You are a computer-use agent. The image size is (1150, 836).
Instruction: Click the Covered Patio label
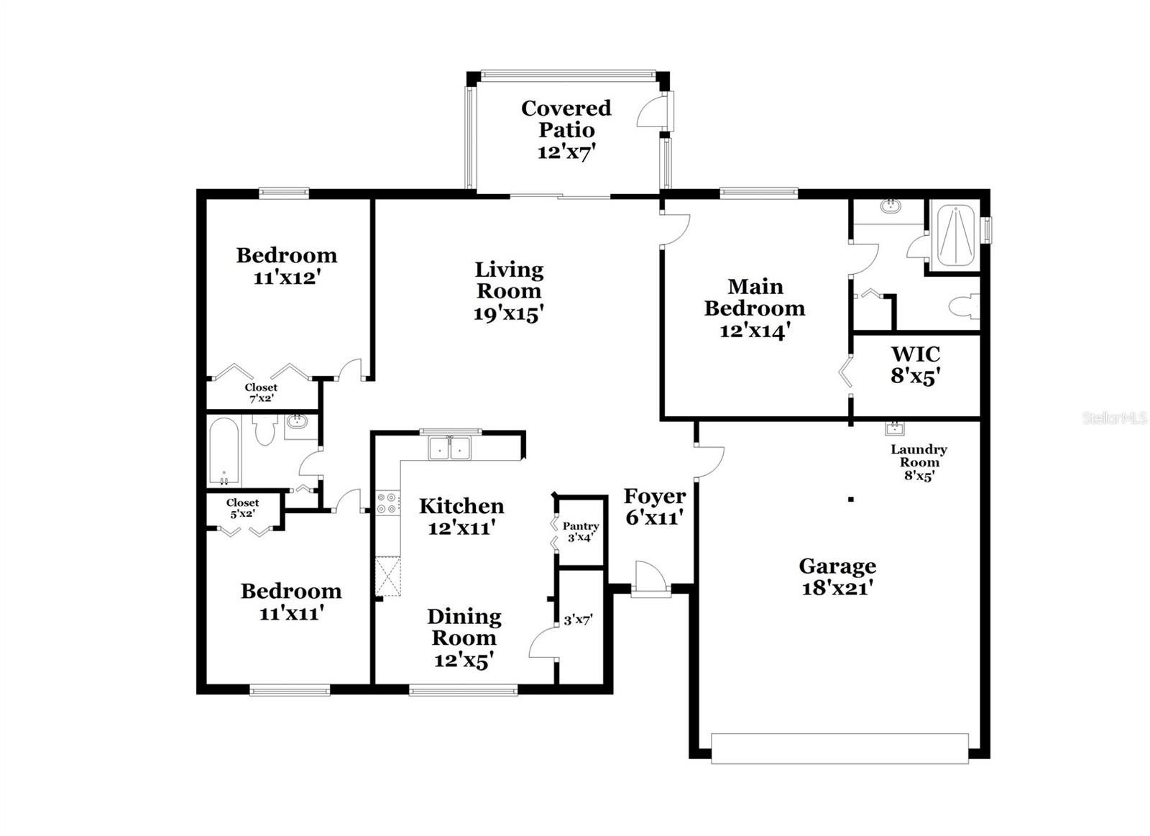point(566,119)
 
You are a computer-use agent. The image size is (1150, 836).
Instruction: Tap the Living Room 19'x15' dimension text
point(508,313)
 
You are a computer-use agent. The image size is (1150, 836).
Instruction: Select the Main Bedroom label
point(755,298)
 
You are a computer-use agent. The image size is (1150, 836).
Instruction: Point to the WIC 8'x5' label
point(916,365)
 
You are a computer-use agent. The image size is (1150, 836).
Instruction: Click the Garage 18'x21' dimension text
point(837,588)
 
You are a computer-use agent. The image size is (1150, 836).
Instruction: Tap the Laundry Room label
point(919,456)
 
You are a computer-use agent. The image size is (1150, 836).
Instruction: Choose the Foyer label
point(655,496)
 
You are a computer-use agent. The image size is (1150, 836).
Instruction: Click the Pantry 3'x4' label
point(581,531)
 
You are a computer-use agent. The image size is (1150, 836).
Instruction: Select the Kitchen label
point(461,506)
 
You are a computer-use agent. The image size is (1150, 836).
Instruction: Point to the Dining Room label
point(464,628)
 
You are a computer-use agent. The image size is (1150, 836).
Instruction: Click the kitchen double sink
point(450,449)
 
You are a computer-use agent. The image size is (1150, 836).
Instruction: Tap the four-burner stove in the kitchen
point(388,503)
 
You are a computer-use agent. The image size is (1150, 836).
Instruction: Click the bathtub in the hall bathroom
point(224,451)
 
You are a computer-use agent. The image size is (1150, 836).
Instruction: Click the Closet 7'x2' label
point(261,392)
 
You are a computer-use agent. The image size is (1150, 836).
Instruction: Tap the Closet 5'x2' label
point(242,508)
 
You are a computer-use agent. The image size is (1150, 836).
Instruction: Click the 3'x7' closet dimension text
point(578,620)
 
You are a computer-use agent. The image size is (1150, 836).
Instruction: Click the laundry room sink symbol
point(894,428)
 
